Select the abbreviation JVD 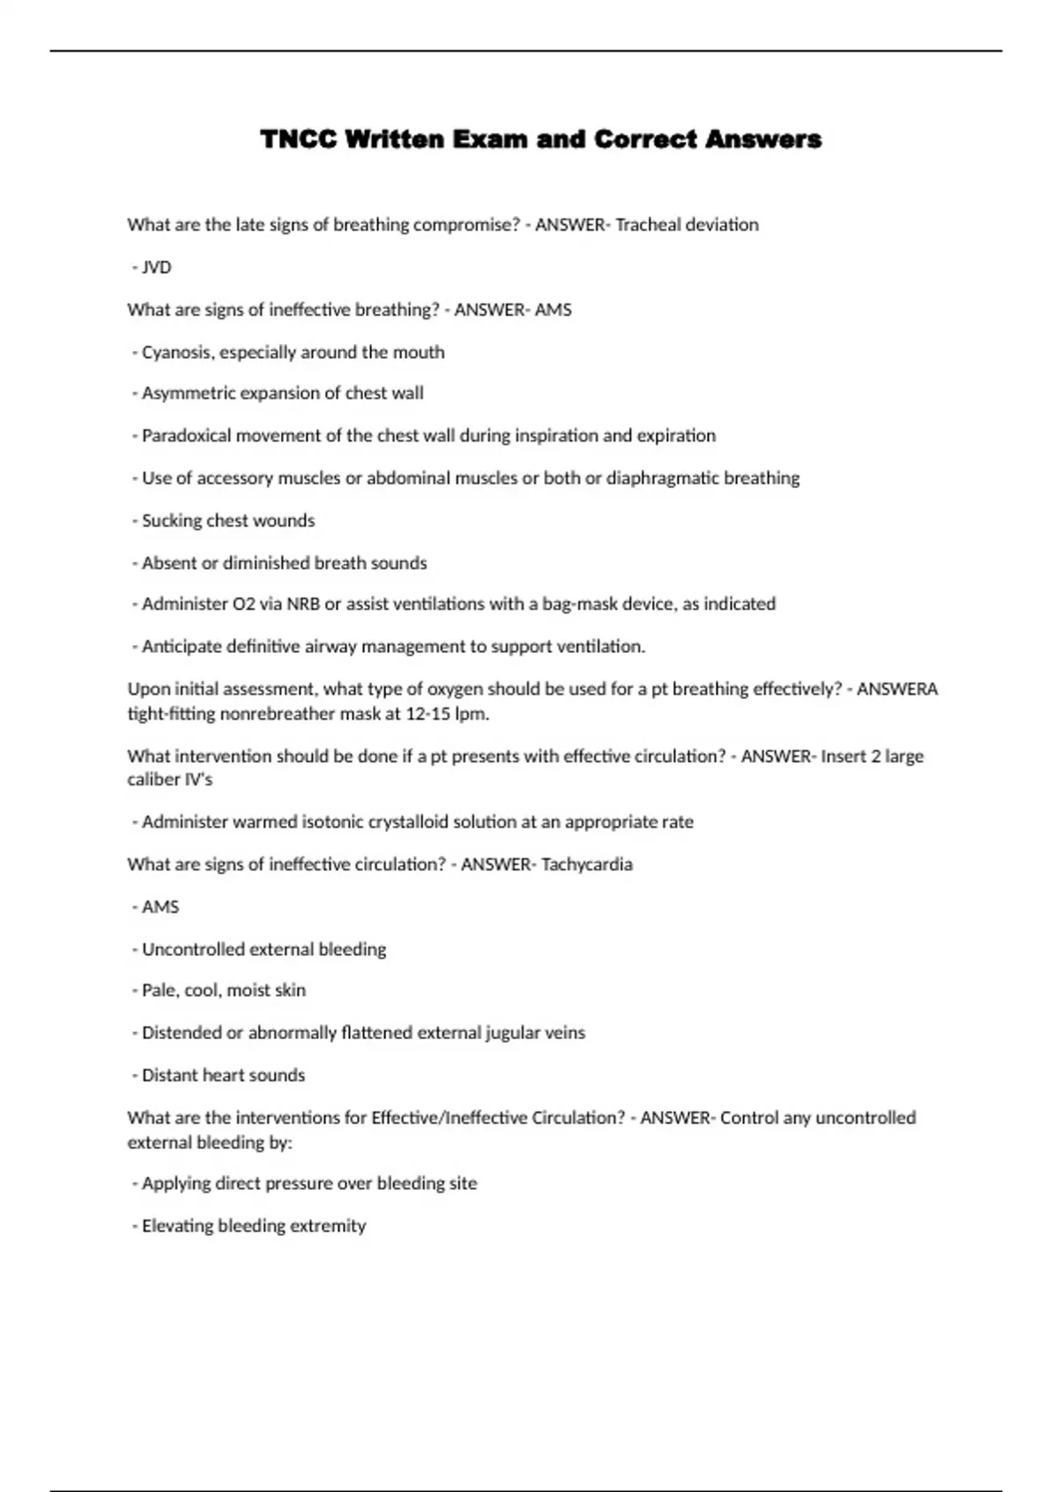[156, 268]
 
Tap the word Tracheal [648, 225]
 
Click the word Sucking [170, 520]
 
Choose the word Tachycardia [587, 864]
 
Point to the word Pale [159, 991]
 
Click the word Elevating [176, 1226]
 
